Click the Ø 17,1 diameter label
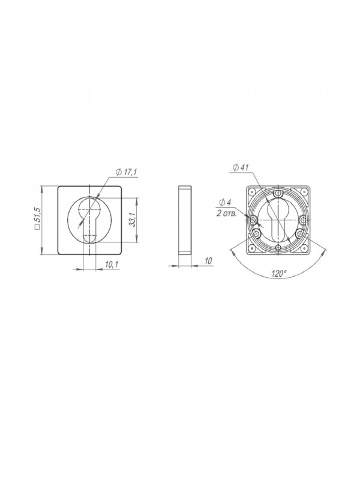tap(126, 173)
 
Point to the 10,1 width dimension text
tap(112, 265)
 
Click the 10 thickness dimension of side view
tap(208, 261)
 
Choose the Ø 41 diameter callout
tap(241, 167)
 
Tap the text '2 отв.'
tap(226, 214)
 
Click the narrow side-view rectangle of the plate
tap(185, 220)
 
